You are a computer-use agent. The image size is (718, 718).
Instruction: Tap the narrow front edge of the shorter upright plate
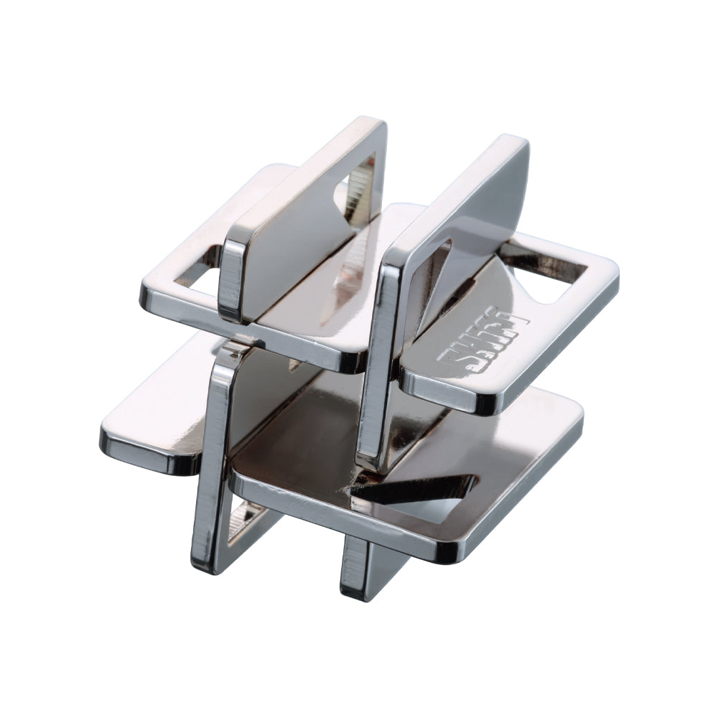(231, 280)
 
